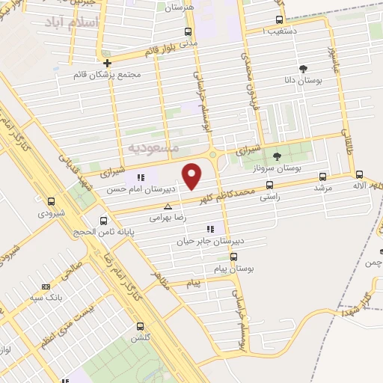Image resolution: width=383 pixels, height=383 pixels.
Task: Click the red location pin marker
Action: [193, 175]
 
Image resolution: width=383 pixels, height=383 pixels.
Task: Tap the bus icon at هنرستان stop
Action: [188, 32]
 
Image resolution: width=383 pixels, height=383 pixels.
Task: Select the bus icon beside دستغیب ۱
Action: [279, 19]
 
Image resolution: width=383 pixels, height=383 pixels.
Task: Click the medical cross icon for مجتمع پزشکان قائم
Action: [108, 64]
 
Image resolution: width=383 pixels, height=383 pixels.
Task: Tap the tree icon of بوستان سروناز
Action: [277, 156]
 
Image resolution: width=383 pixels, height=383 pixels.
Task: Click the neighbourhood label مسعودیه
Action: [153, 147]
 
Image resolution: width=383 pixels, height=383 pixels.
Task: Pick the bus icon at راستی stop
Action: [269, 185]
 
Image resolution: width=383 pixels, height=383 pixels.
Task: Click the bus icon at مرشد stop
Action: [322, 177]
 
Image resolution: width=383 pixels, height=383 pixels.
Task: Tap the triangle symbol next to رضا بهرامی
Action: [168, 206]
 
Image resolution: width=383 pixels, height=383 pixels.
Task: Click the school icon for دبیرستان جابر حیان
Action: [210, 229]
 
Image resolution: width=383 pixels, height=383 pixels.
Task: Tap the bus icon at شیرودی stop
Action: [51, 201]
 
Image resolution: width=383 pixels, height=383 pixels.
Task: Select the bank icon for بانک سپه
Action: [46, 287]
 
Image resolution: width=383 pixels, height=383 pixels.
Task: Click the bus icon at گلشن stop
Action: [140, 326]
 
